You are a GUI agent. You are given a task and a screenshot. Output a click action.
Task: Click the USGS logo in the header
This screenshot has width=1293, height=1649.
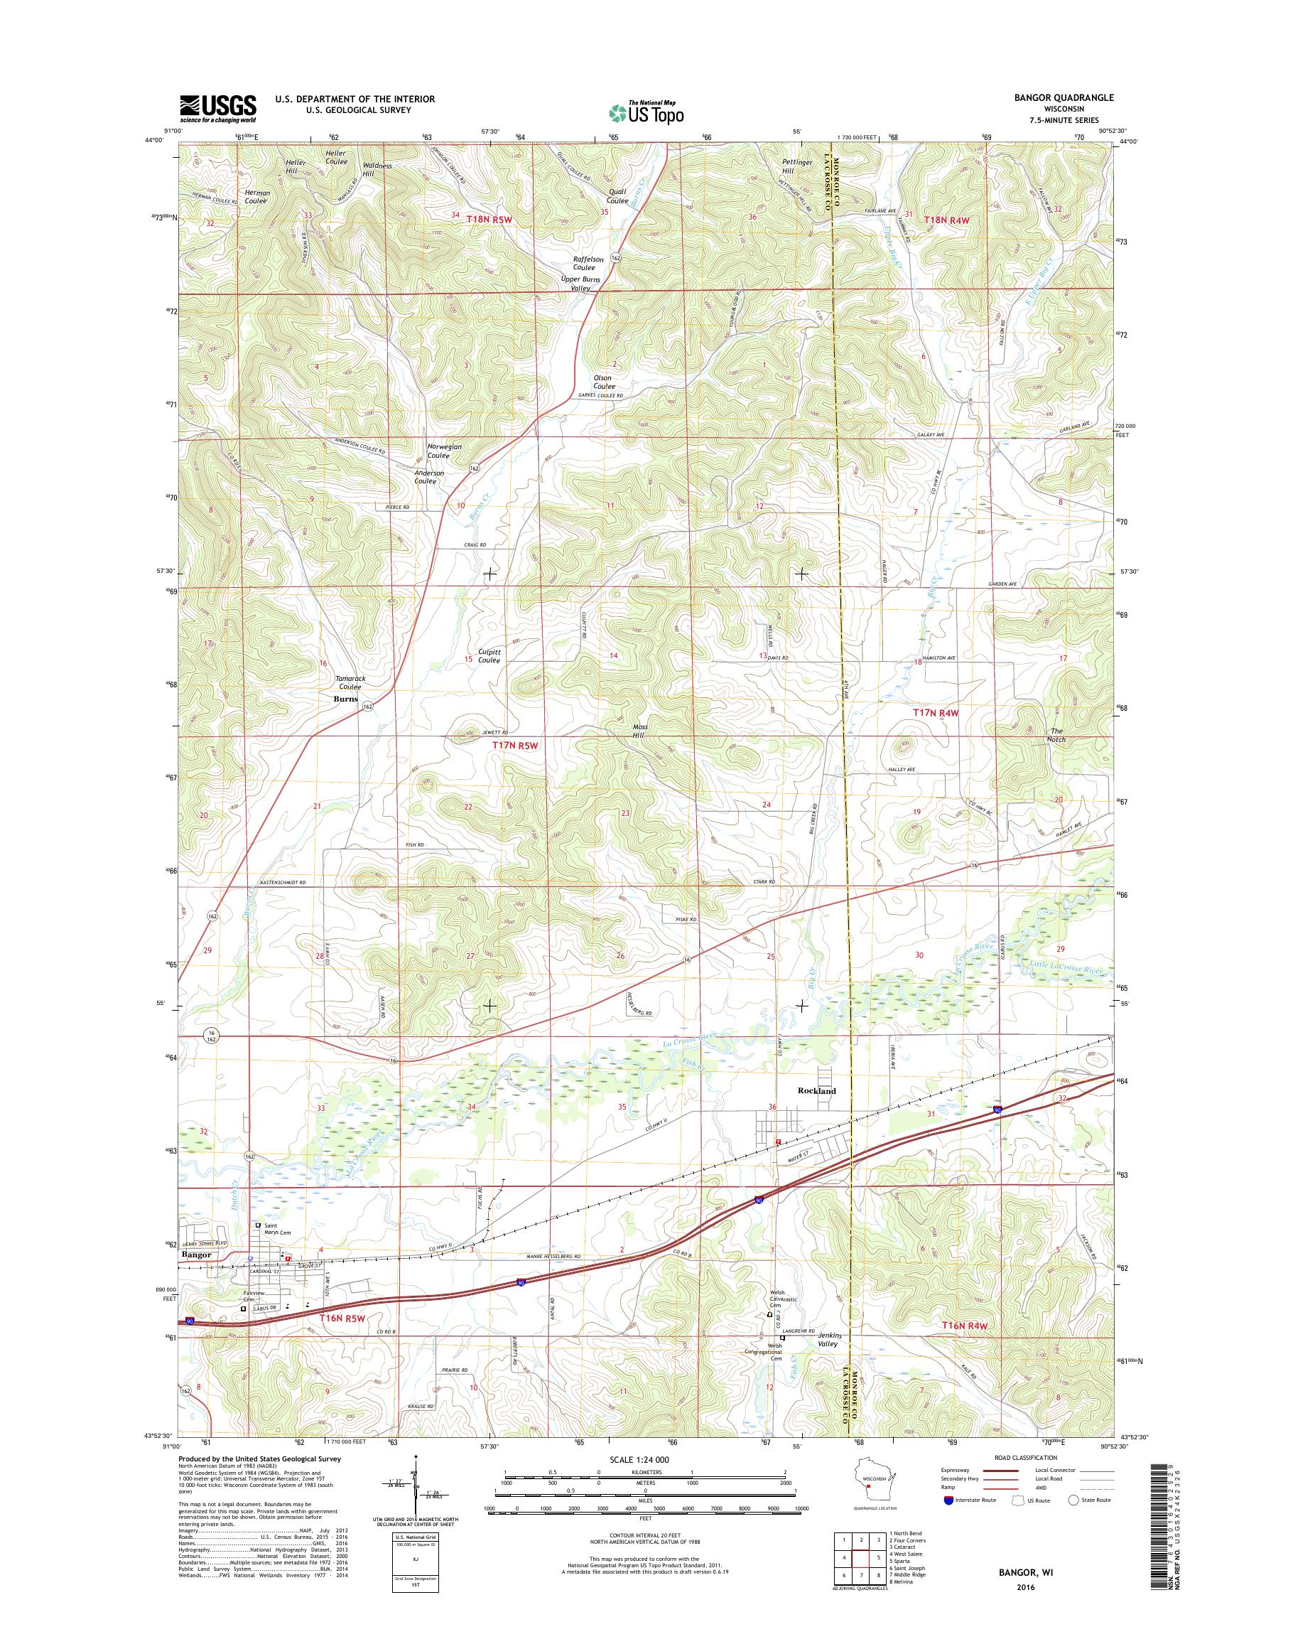click(218, 108)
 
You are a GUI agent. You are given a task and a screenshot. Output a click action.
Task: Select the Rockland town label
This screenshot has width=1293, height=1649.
click(817, 1091)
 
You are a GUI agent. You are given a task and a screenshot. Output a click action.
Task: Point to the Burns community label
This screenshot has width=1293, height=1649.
click(346, 700)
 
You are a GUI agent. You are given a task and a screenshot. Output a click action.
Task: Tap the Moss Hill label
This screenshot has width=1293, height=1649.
click(639, 731)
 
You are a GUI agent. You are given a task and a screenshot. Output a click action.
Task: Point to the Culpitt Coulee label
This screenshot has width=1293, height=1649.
click(489, 655)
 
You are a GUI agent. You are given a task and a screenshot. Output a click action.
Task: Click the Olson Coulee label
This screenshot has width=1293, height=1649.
click(603, 382)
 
